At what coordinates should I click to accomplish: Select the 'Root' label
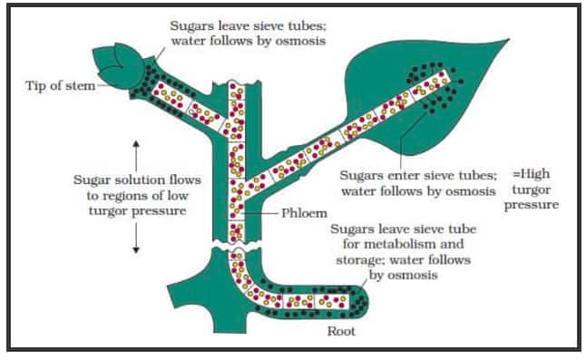[343, 331]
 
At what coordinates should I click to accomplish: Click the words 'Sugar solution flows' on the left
[136, 180]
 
